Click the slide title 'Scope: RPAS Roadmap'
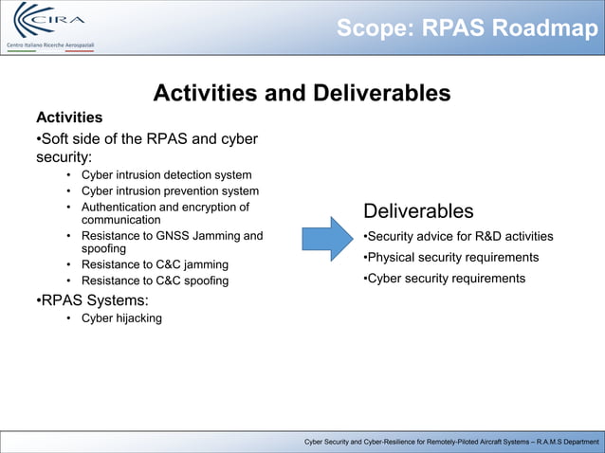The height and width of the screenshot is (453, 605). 467,28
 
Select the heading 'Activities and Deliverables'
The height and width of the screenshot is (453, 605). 302,93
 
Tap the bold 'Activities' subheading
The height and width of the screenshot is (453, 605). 69,118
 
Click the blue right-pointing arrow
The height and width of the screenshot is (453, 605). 327,239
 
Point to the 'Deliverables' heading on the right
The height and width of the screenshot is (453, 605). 418,210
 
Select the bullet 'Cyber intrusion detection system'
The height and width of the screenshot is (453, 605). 166,174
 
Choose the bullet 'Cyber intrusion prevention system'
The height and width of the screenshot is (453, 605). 170,190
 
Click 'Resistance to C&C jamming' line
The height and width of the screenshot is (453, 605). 155,264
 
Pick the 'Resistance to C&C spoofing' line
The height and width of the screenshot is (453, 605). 155,281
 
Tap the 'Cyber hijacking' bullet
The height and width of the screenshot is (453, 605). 121,318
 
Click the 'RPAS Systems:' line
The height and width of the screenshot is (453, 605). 92,300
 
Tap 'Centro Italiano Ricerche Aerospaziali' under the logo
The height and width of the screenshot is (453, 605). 49,45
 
